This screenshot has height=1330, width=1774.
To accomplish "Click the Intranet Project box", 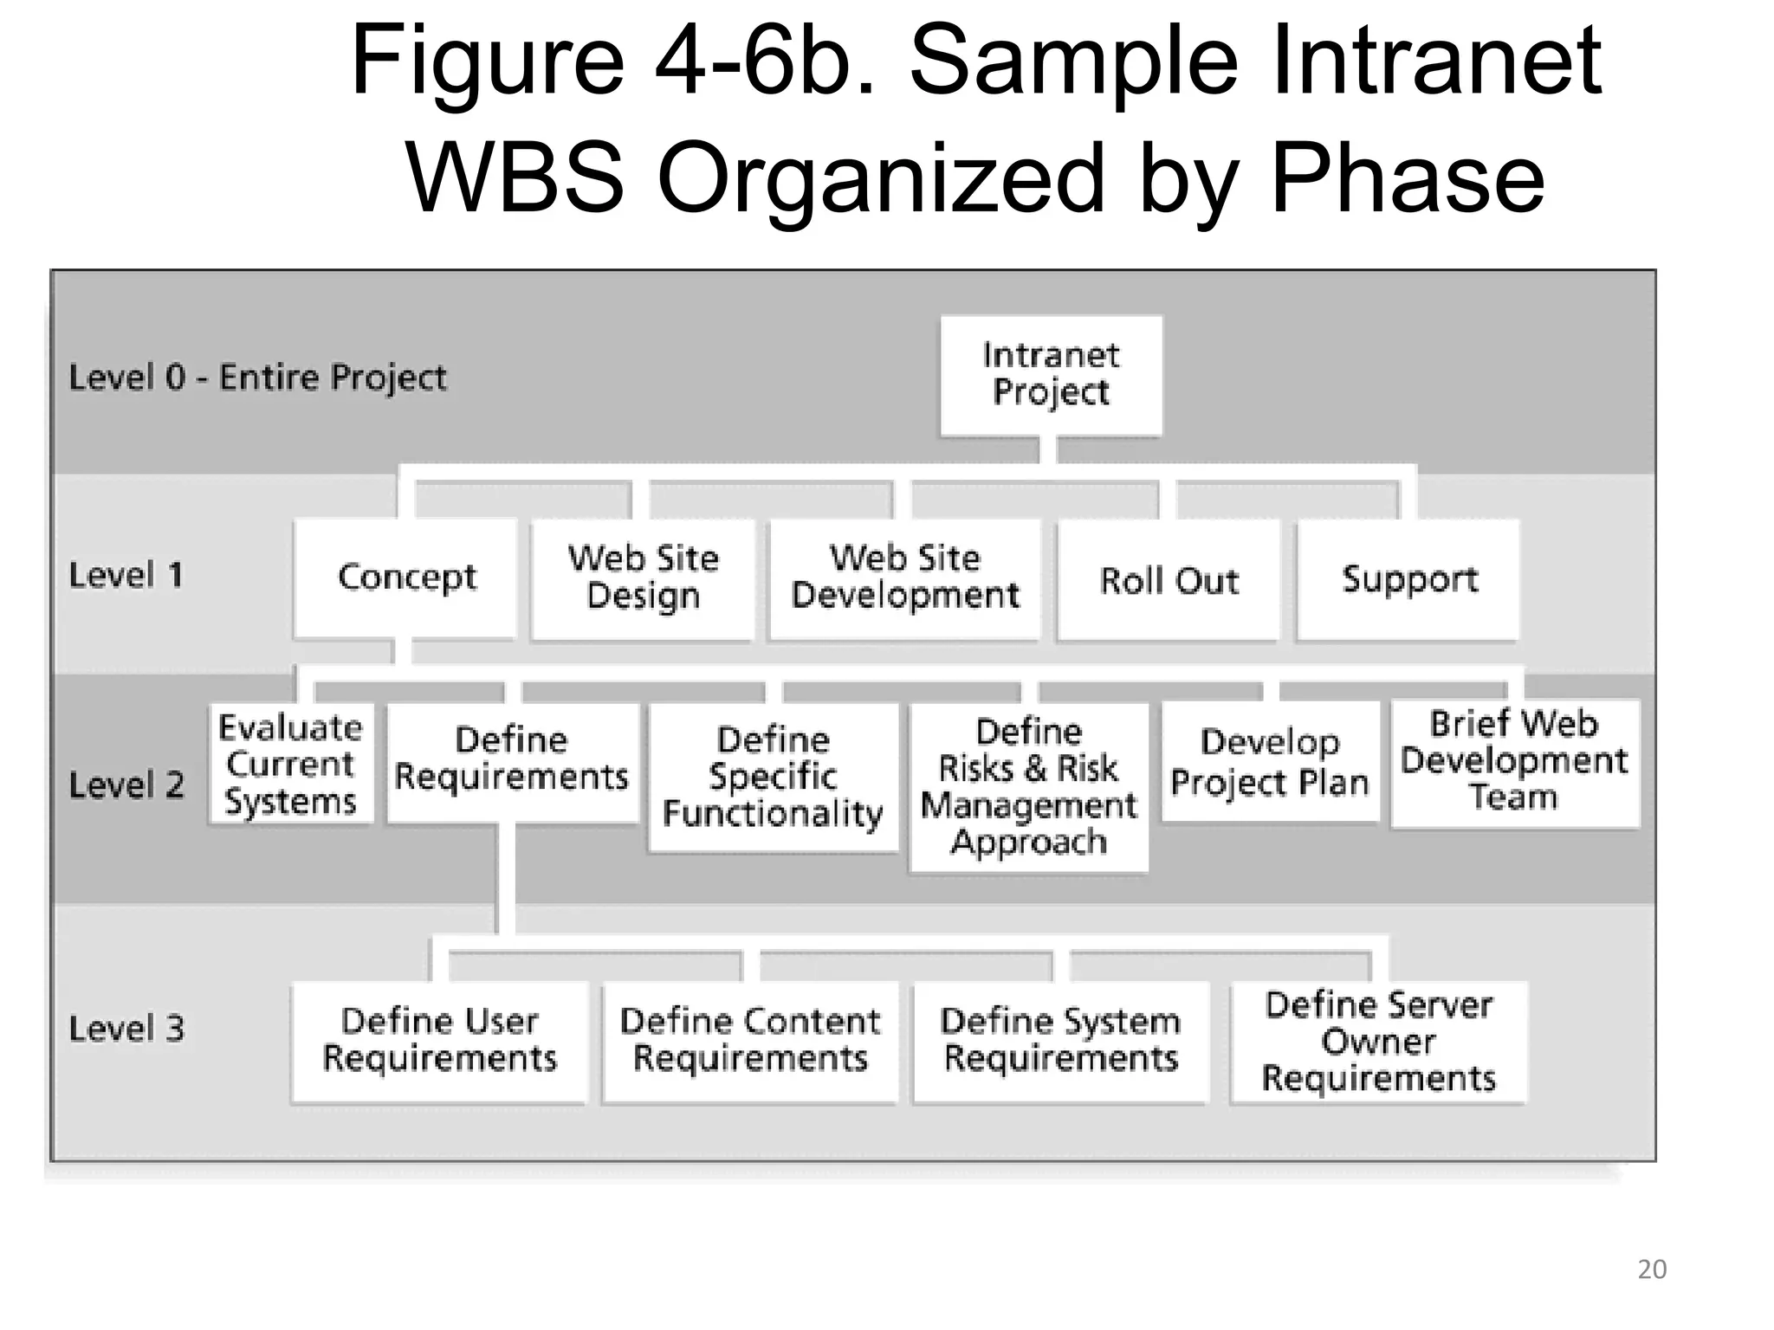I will tap(1051, 375).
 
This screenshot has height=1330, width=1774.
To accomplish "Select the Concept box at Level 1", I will tap(405, 578).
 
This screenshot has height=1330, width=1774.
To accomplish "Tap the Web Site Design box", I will tap(643, 578).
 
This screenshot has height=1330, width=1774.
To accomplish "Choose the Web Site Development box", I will tap(905, 578).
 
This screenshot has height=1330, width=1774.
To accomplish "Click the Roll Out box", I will tap(1169, 580).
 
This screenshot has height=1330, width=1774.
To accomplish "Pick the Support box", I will tap(1408, 579).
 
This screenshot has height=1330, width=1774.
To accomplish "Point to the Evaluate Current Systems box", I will tap(291, 764).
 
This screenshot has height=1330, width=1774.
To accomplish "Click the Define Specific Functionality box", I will tap(773, 777).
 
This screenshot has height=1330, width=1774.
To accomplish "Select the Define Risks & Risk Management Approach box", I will tap(1029, 787).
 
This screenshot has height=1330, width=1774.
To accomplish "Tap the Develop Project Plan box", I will tap(1270, 762).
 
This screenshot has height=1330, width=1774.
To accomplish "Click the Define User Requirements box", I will tap(439, 1041).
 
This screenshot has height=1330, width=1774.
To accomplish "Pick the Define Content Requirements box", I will tap(750, 1041).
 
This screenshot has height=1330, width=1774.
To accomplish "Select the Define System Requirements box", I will tap(1060, 1041).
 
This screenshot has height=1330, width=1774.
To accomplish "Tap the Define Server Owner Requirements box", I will tap(1378, 1042).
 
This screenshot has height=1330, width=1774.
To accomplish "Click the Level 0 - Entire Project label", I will tap(257, 378).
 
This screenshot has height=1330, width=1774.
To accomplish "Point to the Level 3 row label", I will tap(126, 1029).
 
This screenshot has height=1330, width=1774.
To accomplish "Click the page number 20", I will tap(1651, 1269).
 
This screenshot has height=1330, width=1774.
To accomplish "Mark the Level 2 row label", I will tap(126, 785).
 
